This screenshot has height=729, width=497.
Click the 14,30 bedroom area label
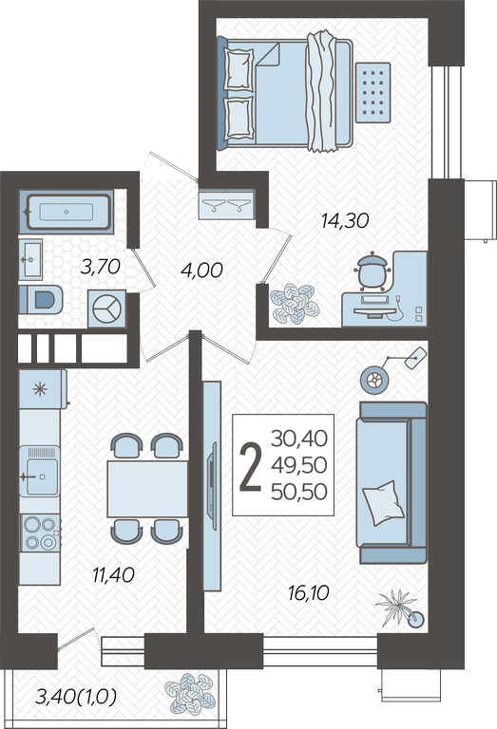345,220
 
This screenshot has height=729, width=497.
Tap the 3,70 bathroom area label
100,267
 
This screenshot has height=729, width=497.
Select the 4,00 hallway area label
201,271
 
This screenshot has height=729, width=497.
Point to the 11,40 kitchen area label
113,575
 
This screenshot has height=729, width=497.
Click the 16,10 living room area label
308,592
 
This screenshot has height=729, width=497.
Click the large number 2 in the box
251,466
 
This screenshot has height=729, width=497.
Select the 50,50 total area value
299,492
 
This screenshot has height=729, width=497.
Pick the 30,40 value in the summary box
299,438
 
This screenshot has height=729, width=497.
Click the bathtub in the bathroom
67,212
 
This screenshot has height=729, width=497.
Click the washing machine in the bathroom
107,308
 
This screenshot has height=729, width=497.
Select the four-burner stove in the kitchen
40,533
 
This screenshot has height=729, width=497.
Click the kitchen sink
40,473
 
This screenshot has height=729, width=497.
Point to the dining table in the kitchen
147,489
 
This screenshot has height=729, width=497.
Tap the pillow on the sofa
383,503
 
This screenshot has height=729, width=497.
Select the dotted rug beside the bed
373,92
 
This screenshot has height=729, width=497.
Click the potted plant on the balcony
191,693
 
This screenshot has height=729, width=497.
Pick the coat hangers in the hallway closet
226,204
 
